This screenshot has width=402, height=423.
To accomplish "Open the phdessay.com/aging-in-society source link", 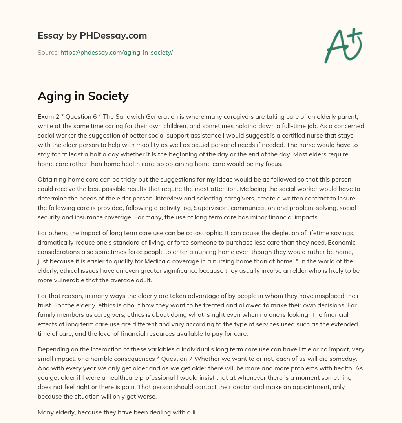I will [x=117, y=52].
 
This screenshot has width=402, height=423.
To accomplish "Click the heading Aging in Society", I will [x=83, y=96].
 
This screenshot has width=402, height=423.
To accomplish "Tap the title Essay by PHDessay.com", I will [x=92, y=35].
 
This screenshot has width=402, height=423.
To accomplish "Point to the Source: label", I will [x=48, y=52].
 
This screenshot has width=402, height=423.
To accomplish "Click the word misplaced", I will [x=323, y=295].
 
